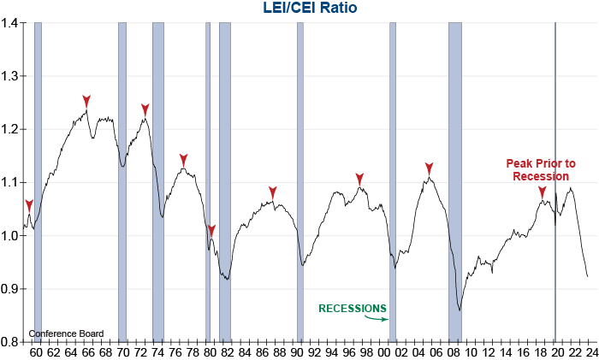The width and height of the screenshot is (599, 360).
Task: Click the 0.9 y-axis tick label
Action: [11, 289]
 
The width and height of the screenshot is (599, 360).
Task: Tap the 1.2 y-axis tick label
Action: [11, 129]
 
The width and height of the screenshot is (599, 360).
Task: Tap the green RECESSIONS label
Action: [353, 308]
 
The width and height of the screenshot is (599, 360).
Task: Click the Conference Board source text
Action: [66, 333]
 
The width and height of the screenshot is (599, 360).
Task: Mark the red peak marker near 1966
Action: [86, 101]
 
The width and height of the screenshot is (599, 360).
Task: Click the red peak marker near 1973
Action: [145, 109]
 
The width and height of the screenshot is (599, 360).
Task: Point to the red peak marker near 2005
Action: [430, 168]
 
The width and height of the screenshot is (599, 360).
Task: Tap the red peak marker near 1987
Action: [273, 192]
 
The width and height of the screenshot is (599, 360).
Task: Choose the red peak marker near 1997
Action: [360, 178]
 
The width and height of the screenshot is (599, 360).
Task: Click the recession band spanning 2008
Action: [455, 171]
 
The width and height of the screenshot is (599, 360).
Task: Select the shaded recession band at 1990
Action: [300, 171]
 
